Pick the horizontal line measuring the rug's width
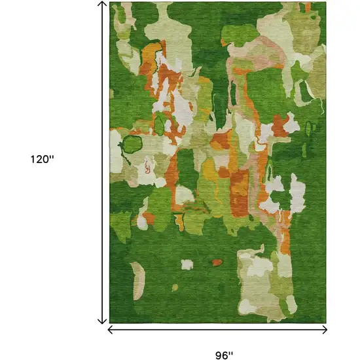(216, 329)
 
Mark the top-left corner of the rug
(111, 3)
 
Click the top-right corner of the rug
(325, 3)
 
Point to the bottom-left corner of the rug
(111, 323)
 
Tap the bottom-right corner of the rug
(325, 323)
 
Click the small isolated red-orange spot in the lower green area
(216, 263)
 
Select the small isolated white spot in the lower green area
(187, 264)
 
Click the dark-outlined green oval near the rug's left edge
(134, 143)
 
